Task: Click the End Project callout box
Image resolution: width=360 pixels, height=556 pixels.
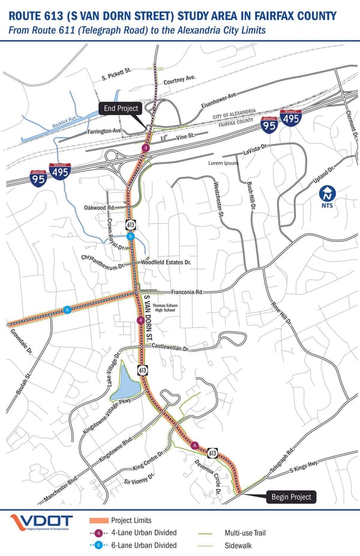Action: click(121, 109)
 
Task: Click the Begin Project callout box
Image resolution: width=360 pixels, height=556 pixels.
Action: click(292, 497)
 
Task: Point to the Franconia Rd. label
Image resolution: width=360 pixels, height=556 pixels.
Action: click(187, 291)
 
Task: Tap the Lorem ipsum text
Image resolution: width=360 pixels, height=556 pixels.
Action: click(223, 163)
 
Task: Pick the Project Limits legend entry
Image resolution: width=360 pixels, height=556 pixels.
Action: click(131, 520)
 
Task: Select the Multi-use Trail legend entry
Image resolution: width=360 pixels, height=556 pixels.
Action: click(245, 533)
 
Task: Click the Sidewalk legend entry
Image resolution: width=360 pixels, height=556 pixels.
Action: click(238, 545)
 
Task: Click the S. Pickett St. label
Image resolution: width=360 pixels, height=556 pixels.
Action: click(116, 74)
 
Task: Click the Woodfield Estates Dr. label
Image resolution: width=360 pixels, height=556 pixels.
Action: click(165, 263)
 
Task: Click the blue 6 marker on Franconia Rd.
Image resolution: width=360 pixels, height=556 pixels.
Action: click(67, 309)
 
